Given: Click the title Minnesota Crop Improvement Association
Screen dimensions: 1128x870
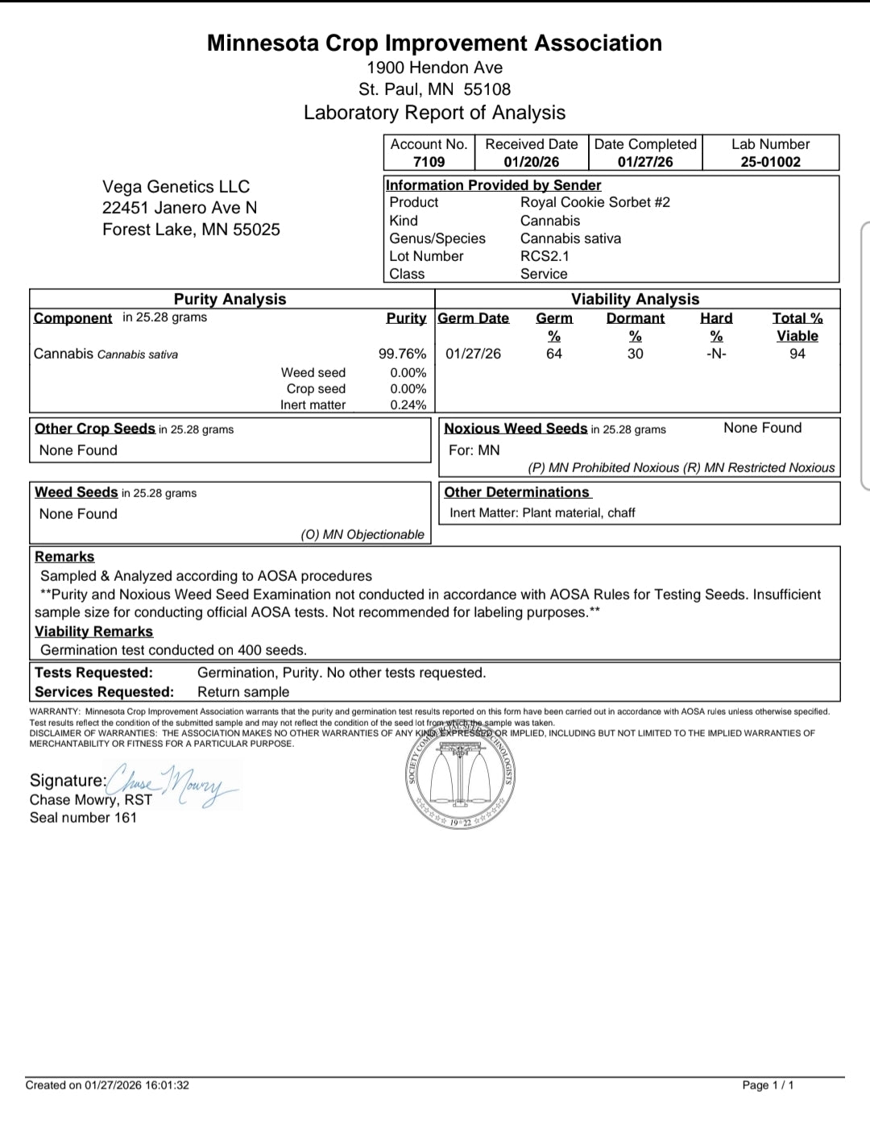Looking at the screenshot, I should coord(434,44).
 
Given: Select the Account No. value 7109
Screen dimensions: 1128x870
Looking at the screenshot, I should coord(429,162).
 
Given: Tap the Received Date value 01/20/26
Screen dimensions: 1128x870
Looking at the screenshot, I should coord(532,162).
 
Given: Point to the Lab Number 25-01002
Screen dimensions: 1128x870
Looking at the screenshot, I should coord(770,162).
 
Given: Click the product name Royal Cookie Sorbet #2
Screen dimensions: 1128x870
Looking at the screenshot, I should coord(594,202).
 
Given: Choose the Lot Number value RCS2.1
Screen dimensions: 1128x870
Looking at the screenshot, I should coord(545,256).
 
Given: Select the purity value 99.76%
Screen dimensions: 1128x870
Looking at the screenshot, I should coord(402,354).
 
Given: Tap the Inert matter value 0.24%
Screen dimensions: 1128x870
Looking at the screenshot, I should coord(408,405).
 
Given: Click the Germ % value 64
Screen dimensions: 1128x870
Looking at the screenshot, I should coord(554,354).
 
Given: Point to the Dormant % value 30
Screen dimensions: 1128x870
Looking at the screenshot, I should coord(635,354).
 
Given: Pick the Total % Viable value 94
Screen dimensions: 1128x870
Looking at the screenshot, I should coord(797,354).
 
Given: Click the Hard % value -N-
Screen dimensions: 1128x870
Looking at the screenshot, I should coord(716,354).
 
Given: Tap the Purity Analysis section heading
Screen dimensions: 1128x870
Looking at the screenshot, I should coord(230,299).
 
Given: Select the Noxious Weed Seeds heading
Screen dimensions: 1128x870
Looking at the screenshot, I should coord(516,429).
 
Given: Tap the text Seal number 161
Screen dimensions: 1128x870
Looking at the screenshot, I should coord(83,818).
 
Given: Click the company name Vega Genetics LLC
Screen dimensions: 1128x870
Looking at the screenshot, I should coord(176,187).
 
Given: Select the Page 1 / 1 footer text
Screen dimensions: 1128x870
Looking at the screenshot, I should coord(768,1085).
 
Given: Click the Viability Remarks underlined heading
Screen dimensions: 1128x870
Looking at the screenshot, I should coord(93,632).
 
